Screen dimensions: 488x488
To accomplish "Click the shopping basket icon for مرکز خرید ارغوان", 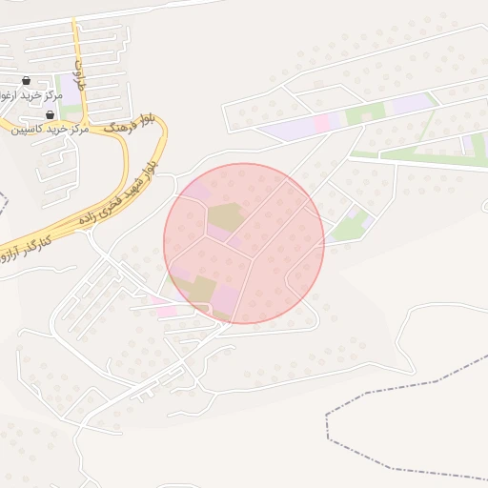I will point(26,81).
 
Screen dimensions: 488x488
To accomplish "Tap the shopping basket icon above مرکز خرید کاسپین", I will point(49,114).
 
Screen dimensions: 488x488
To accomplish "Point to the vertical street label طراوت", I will point(80,71).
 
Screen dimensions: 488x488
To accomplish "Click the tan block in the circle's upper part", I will point(225,216).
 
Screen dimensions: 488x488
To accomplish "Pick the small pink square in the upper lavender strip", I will point(323,122).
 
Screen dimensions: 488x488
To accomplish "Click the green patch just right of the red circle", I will point(349,228).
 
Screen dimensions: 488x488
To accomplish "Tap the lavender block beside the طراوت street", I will point(71,91).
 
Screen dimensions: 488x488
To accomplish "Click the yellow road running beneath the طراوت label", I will point(91,121).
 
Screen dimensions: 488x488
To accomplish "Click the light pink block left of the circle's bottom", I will point(166,311).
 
